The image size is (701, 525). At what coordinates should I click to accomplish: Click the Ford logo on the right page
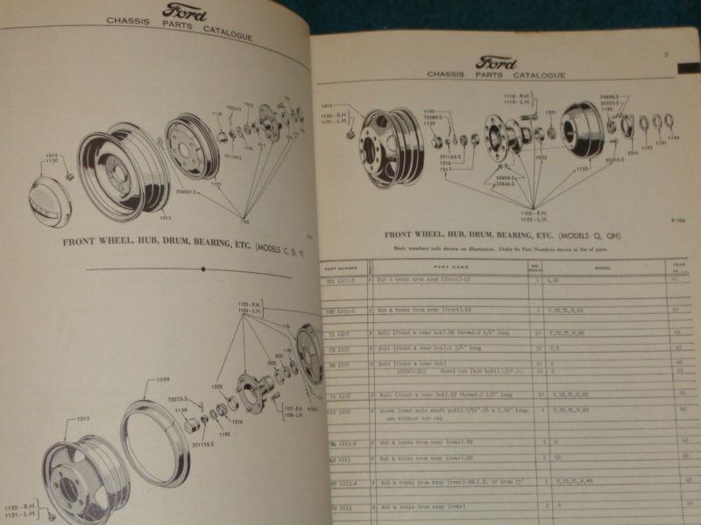496,63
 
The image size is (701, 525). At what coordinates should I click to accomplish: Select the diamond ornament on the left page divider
202,271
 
